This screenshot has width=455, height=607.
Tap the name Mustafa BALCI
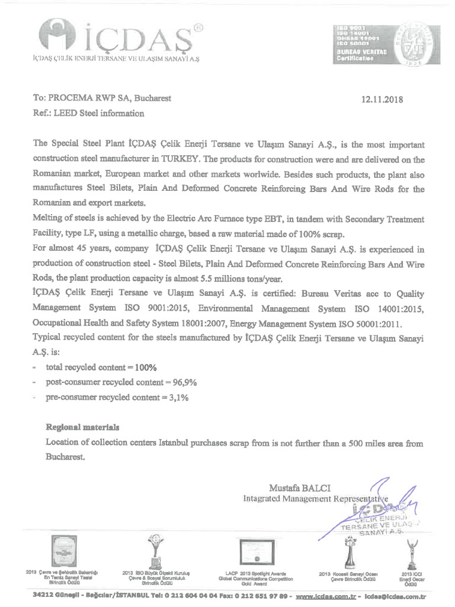point(300,488)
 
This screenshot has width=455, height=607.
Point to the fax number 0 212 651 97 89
point(261,595)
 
